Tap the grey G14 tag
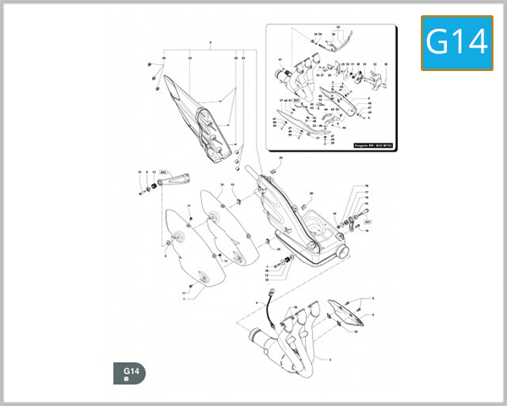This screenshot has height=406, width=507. pyautogui.click(x=131, y=373)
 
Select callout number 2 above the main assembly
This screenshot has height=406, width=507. pyautogui.click(x=209, y=42)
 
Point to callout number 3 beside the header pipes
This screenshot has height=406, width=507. pyautogui.click(x=330, y=359)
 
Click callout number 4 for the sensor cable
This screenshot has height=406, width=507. pyautogui.click(x=255, y=302)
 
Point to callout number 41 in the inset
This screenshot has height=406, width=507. pyautogui.click(x=279, y=59)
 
